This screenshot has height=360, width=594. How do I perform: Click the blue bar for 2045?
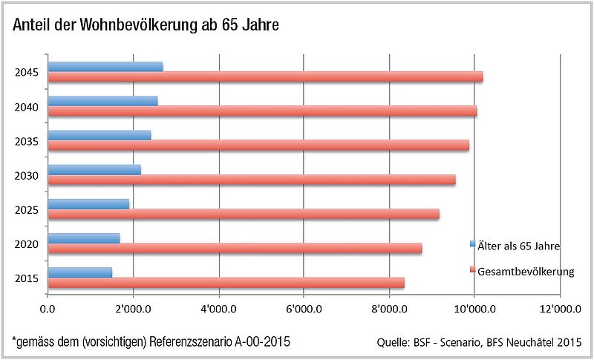tap(105, 66)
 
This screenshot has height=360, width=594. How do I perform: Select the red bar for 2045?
tap(265, 76)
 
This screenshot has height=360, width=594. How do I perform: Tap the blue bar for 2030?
tap(94, 169)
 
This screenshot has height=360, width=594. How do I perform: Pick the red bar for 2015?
tap(226, 282)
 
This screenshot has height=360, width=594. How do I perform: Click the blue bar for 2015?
tap(80, 272)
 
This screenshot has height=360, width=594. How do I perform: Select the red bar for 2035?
tap(258, 145)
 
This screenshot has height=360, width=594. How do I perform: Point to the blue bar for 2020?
tap(84, 238)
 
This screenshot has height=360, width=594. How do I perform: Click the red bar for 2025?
tap(244, 214)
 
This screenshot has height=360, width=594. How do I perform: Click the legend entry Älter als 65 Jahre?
tap(518, 244)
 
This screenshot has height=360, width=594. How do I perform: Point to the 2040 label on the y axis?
tap(26, 106)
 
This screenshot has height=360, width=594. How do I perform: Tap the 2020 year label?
tap(26, 243)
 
